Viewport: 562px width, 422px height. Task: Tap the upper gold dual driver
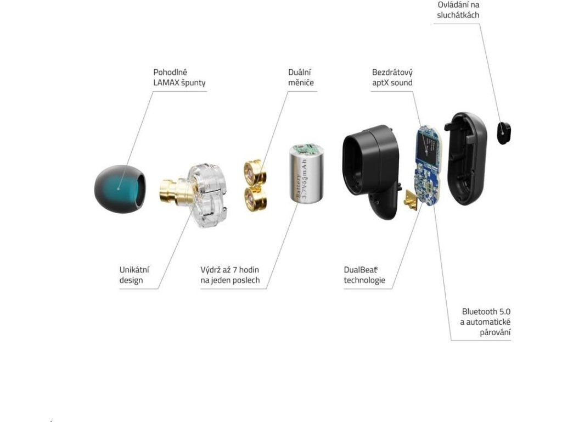[x=255, y=171]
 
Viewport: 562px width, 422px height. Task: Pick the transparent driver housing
[x=207, y=195]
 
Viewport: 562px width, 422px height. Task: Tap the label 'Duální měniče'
[x=301, y=77]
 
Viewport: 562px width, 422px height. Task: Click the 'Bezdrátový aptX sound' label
[x=392, y=77]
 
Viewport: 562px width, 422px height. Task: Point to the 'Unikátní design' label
[x=134, y=275]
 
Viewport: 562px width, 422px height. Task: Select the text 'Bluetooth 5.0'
[x=486, y=311]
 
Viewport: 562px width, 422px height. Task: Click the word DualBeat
[x=361, y=270]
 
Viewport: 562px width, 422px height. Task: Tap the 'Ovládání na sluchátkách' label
[x=458, y=10]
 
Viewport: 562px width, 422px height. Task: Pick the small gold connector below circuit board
[x=410, y=202]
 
